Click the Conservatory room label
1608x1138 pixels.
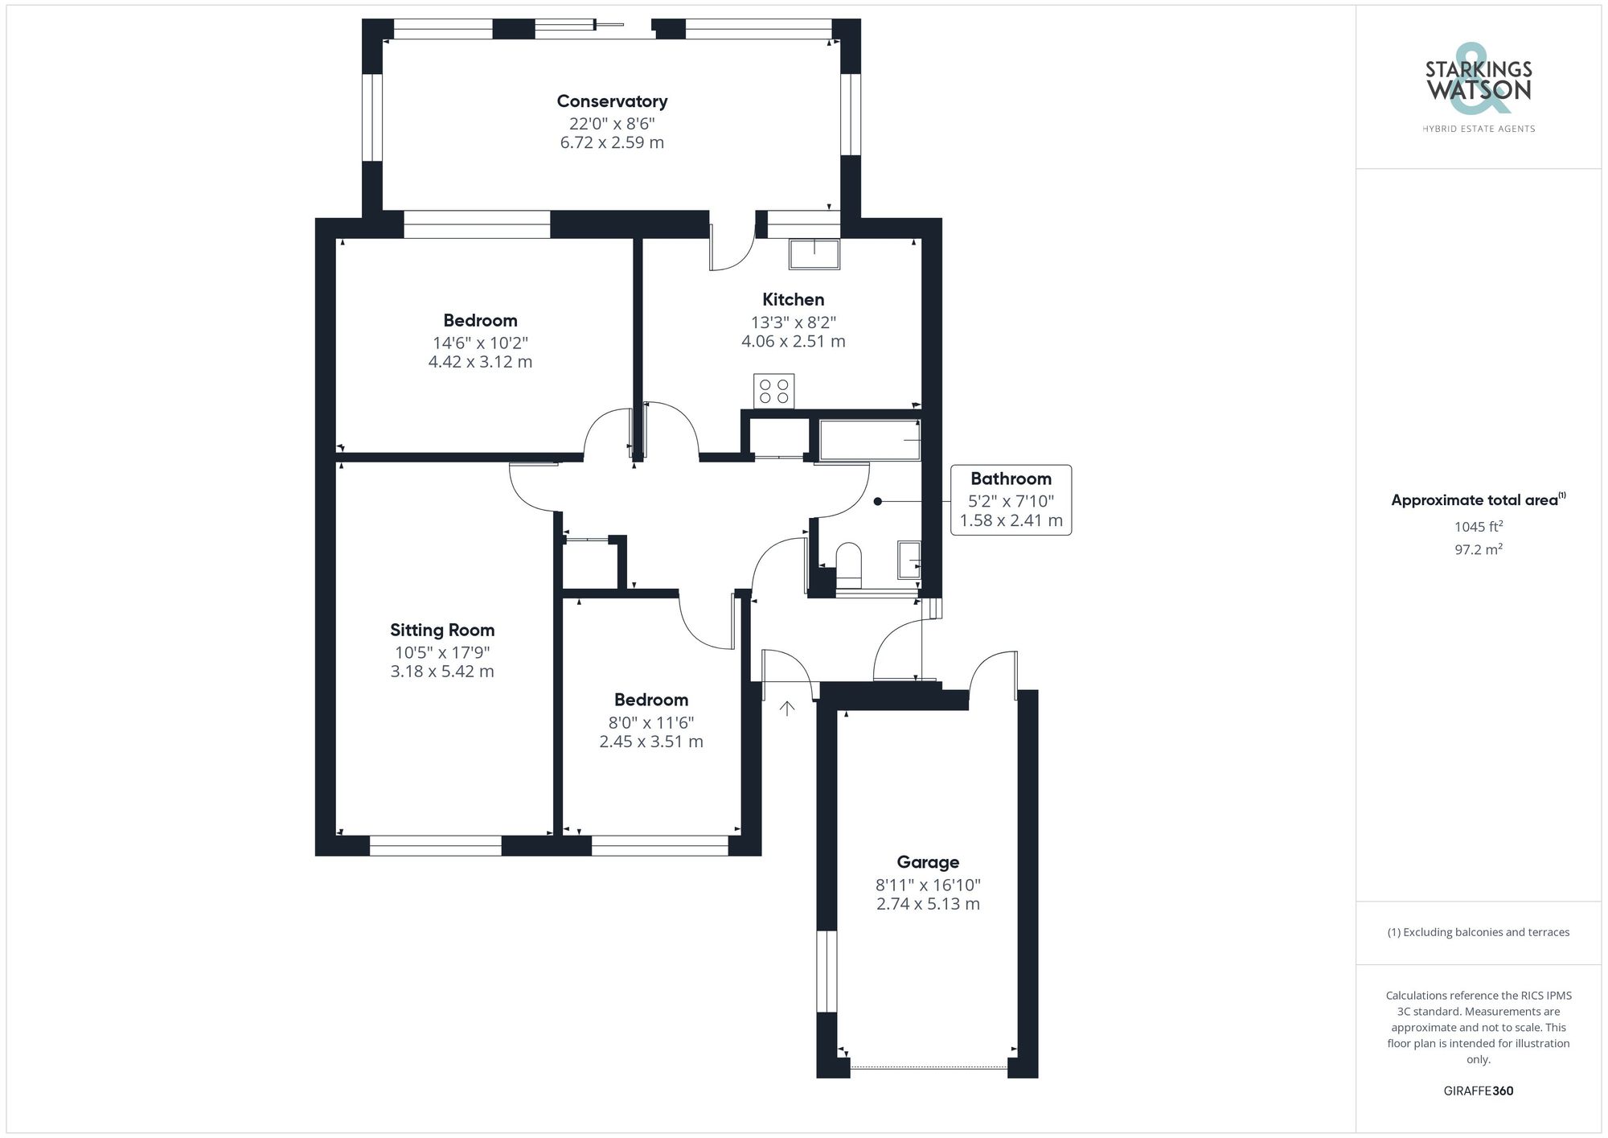click(612, 101)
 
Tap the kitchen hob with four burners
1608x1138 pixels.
click(773, 391)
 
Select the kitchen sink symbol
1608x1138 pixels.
click(814, 254)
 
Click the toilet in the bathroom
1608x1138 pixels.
click(848, 563)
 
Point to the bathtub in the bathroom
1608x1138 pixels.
click(869, 440)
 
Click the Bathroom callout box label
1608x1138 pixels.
click(1011, 479)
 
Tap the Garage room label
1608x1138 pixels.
click(928, 862)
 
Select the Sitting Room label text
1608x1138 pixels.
click(442, 631)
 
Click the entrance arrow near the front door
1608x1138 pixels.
click(787, 708)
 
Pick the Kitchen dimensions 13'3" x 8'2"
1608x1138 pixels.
click(793, 323)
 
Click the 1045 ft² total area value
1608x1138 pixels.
click(1478, 527)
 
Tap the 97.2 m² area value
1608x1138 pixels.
click(1478, 549)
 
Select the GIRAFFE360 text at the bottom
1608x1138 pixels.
click(1478, 1091)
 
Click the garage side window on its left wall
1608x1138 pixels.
click(827, 971)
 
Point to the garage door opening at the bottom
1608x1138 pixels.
click(929, 1068)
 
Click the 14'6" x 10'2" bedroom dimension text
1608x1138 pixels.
click(480, 343)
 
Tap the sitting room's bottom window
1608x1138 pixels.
click(435, 845)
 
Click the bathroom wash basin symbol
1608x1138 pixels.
click(909, 560)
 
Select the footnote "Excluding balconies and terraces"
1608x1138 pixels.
click(1478, 932)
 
